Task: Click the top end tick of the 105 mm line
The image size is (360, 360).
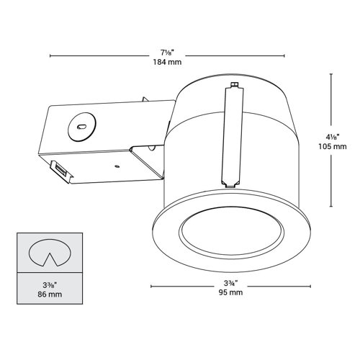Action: [x=330, y=73]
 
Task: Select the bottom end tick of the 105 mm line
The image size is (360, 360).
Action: [x=330, y=207]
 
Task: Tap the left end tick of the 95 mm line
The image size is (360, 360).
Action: [x=151, y=287]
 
